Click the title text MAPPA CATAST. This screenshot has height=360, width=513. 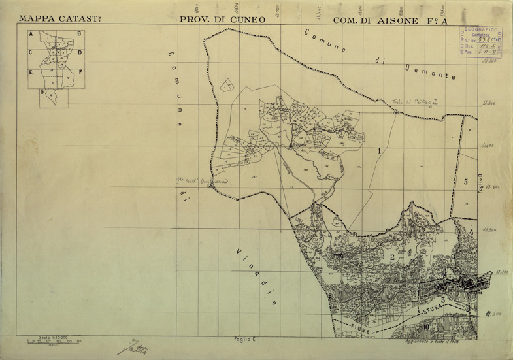tap(58, 20)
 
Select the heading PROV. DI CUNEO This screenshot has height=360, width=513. tap(222, 20)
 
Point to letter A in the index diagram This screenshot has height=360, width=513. tap(30, 33)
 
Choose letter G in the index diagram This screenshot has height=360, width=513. tap(42, 92)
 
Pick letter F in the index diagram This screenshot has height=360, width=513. tap(80, 72)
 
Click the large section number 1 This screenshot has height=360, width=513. tap(379, 150)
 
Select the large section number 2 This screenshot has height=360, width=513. tap(392, 257)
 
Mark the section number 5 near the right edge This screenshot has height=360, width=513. tap(466, 182)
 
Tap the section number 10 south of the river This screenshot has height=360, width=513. tap(425, 327)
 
